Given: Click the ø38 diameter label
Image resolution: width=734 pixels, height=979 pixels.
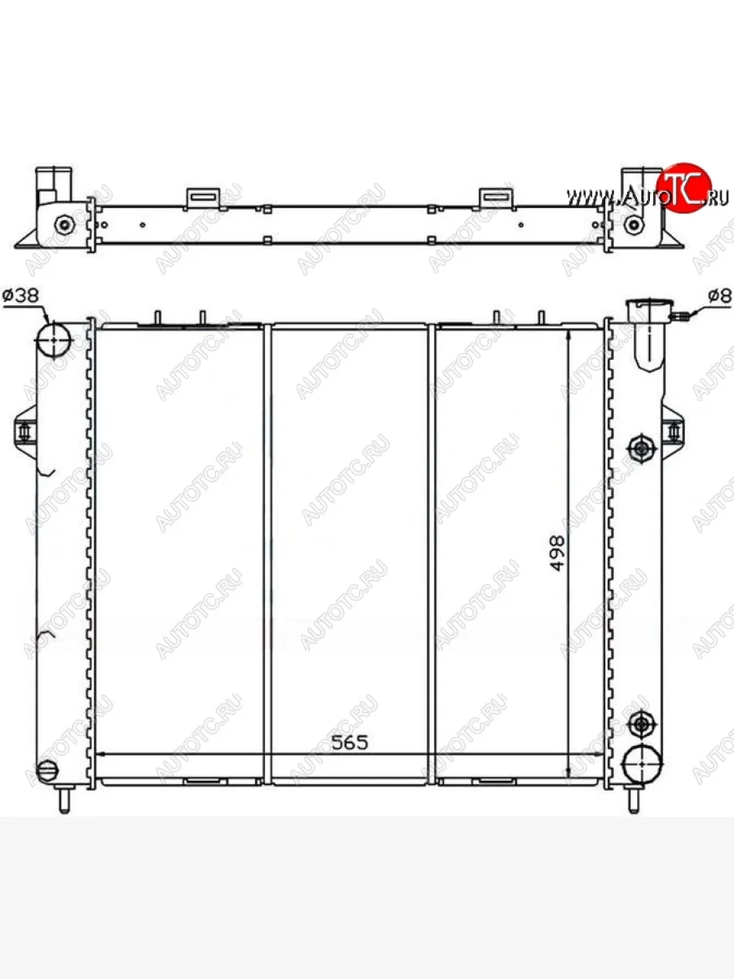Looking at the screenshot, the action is (20, 295).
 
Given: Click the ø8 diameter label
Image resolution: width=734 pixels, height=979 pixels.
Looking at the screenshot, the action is (720, 295).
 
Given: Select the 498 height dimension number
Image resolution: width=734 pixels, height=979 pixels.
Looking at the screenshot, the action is (557, 553).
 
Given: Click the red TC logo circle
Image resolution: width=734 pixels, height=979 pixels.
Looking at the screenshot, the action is (684, 188).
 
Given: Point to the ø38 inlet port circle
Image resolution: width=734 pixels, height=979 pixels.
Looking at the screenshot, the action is (54, 339).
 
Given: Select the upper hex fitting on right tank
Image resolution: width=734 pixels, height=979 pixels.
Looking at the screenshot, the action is (641, 448).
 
